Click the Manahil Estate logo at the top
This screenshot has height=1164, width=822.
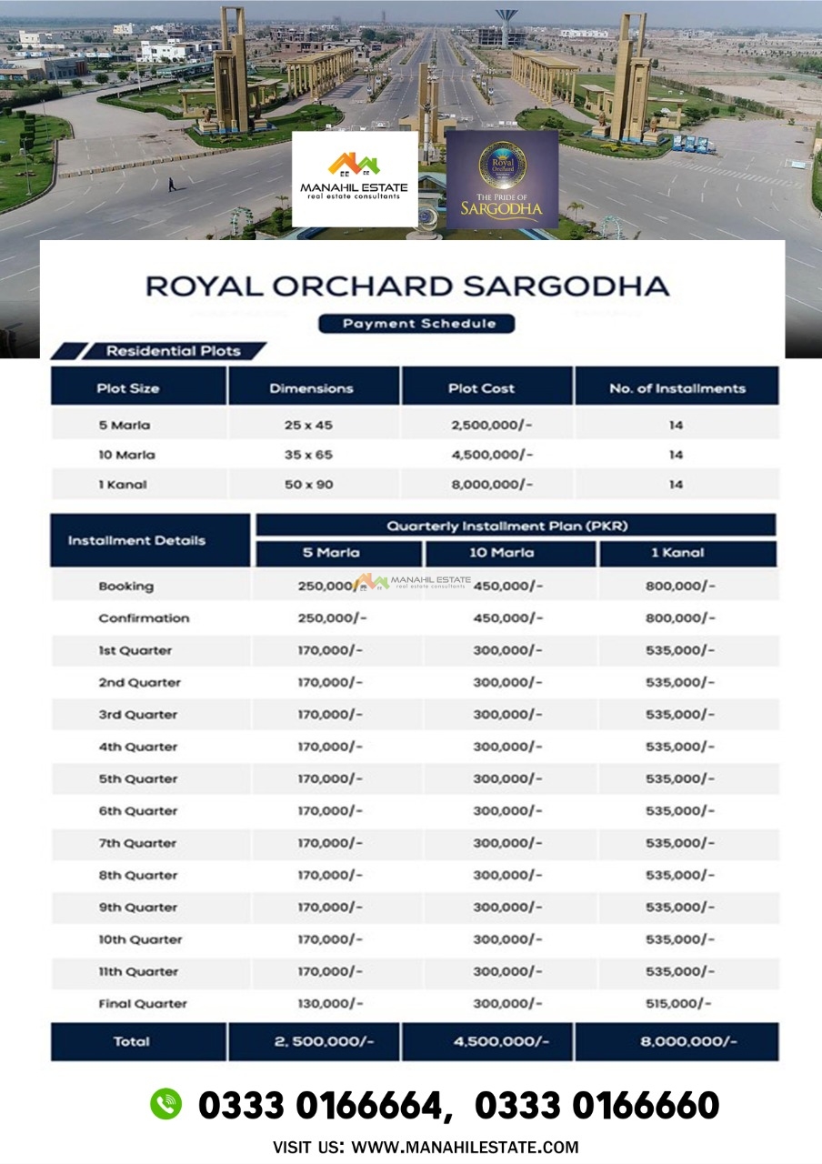pyautogui.click(x=355, y=178)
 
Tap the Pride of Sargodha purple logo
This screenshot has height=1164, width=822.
pyautogui.click(x=502, y=179)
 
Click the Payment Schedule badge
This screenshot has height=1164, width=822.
pyautogui.click(x=416, y=323)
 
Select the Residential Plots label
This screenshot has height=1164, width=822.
pyautogui.click(x=173, y=351)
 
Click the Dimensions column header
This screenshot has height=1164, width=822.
pyautogui.click(x=311, y=388)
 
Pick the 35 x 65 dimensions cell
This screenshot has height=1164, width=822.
pyautogui.click(x=308, y=455)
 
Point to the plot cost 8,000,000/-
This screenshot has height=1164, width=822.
pyautogui.click(x=492, y=485)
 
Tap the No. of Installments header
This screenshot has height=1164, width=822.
pyautogui.click(x=677, y=388)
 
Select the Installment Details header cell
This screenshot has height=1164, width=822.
pyautogui.click(x=136, y=540)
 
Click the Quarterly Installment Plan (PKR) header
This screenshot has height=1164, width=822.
pyautogui.click(x=507, y=526)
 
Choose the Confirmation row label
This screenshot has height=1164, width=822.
pyautogui.click(x=144, y=618)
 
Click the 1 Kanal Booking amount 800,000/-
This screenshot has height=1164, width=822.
pyautogui.click(x=680, y=587)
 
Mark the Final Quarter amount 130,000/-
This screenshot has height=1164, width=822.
pyautogui.click(x=330, y=1004)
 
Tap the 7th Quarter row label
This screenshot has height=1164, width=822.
pyautogui.click(x=138, y=843)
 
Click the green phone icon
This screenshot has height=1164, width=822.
pyautogui.click(x=165, y=1104)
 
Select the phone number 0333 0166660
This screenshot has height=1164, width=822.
pyautogui.click(x=596, y=1106)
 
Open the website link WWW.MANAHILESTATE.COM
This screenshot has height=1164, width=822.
pyautogui.click(x=465, y=1148)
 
